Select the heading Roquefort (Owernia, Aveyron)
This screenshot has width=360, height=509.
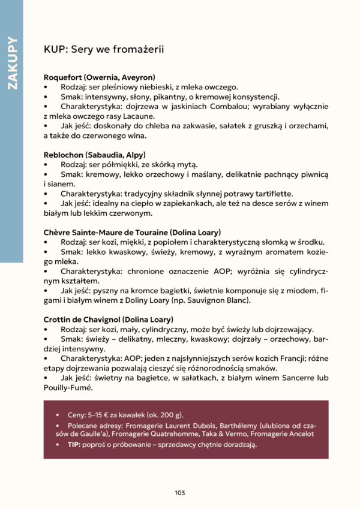(x=100, y=77)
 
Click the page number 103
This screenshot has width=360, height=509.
(x=180, y=492)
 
